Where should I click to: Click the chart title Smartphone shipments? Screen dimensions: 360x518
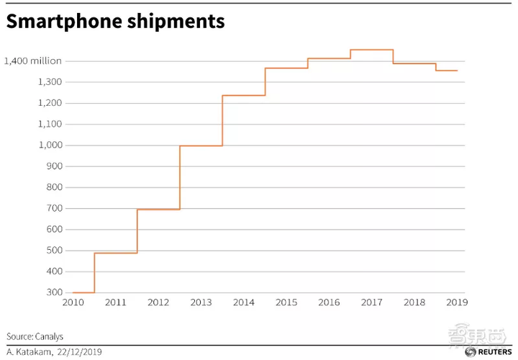[115, 22]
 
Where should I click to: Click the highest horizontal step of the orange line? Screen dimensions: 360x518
[372, 50]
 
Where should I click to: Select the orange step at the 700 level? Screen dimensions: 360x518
[158, 210]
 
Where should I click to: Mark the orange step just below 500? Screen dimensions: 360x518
[116, 253]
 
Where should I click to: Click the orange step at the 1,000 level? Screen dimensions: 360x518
[201, 146]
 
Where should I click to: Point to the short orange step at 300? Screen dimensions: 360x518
[83, 293]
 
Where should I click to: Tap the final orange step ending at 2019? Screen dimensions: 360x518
[446, 71]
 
